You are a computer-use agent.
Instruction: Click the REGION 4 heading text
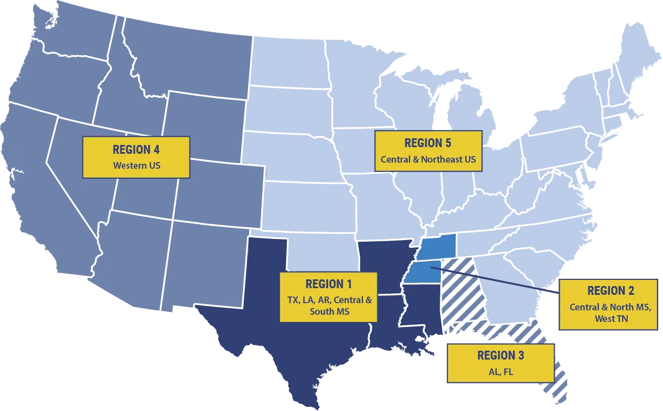pos(131,149)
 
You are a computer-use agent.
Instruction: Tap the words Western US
pos(136,165)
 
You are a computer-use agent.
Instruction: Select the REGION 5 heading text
pos(428,143)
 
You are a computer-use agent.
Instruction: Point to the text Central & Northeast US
pos(428,159)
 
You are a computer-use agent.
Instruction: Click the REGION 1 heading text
pos(328,284)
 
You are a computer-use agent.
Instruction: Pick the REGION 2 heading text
pos(611,291)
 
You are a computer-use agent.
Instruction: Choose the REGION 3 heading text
pos(501,356)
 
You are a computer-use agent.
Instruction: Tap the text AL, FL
pos(501,372)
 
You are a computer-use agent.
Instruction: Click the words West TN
pos(611,319)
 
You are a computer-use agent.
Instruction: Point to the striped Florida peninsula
pos(558,382)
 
